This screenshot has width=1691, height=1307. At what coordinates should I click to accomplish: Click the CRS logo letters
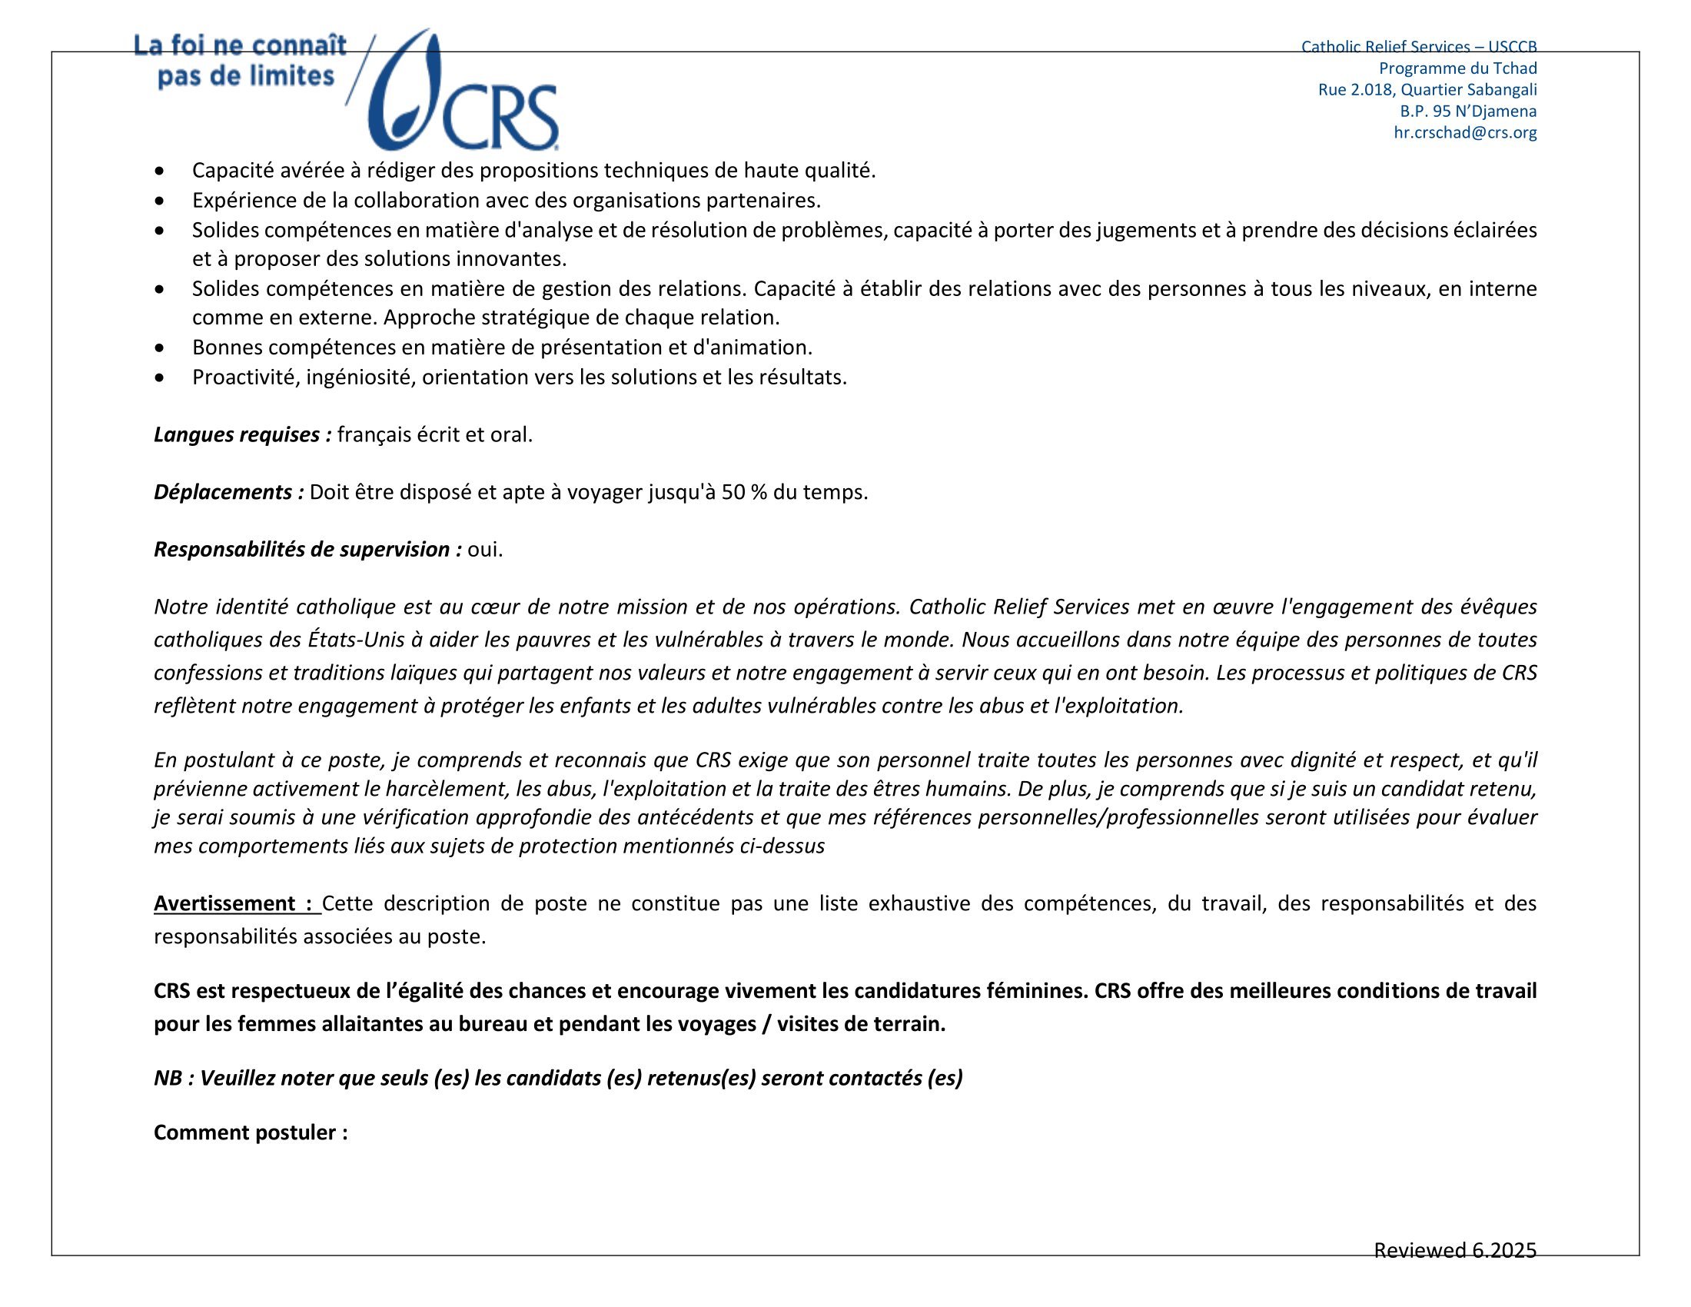[500, 117]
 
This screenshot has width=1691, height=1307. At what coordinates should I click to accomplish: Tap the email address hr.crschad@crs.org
[1465, 132]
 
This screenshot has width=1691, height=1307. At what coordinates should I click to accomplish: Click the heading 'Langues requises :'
[242, 434]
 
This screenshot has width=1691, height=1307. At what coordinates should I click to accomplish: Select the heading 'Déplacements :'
[228, 492]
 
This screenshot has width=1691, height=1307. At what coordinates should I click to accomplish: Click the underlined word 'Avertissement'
[224, 903]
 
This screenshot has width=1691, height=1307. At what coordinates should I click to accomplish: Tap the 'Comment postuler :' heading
[251, 1132]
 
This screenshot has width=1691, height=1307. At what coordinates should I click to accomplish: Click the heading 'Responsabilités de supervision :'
[307, 549]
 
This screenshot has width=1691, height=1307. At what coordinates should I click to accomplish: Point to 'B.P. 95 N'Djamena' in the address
[1468, 111]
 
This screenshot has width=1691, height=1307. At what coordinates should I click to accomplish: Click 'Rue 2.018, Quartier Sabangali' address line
[1427, 89]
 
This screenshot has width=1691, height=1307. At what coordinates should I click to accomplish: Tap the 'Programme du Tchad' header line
[1457, 68]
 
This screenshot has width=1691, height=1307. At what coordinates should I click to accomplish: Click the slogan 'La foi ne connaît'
[240, 45]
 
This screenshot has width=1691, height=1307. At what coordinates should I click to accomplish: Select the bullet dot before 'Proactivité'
[160, 377]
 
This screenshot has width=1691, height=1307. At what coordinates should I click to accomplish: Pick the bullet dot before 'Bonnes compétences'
[160, 348]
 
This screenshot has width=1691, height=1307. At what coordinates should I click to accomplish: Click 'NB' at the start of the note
[168, 1078]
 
